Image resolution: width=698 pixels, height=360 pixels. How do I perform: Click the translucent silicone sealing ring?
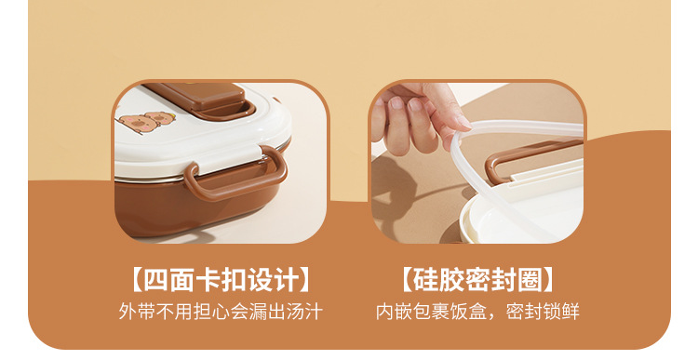click(x=499, y=187)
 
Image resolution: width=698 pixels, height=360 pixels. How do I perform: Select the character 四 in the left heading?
click(x=155, y=280)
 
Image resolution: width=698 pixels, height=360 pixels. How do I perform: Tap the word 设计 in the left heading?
click(x=273, y=280)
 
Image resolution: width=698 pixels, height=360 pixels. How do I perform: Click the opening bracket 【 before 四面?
click(x=136, y=280)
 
